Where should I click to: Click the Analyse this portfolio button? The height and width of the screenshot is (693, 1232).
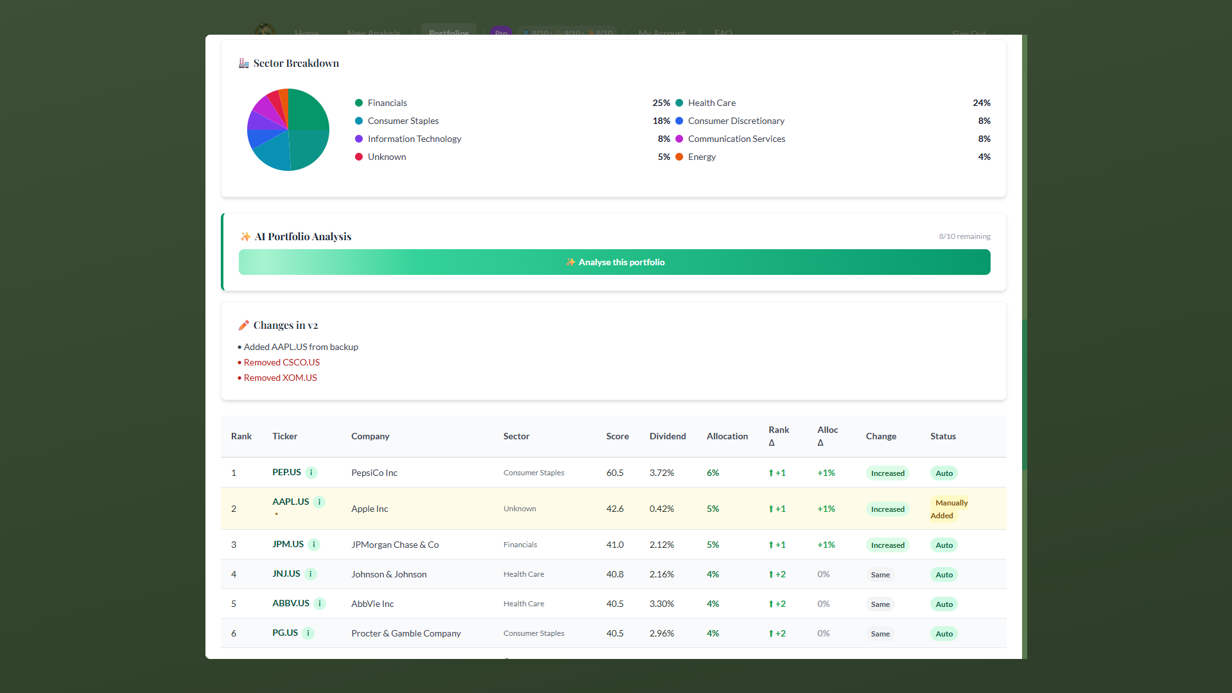[614, 262]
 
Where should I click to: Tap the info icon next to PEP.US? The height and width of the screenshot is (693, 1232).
[311, 473]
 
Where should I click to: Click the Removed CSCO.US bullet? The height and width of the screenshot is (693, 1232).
[281, 362]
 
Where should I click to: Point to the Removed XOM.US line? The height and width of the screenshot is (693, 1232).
[280, 378]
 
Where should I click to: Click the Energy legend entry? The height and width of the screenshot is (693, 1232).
[702, 157]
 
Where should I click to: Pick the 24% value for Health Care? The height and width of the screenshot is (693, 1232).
[981, 103]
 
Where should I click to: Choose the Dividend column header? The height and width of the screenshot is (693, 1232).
[667, 436]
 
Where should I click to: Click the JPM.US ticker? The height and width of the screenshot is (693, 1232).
[288, 544]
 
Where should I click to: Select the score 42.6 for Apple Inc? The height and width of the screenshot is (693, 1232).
[614, 509]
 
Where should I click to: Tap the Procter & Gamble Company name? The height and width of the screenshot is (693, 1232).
[406, 633]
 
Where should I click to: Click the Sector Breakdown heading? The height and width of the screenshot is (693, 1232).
[296, 63]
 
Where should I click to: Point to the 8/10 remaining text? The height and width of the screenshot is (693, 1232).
[964, 236]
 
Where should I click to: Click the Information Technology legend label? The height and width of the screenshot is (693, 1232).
[414, 139]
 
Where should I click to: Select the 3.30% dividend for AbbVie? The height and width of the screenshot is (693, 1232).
[661, 604]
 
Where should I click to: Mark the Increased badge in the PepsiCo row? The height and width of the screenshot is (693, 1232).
[887, 473]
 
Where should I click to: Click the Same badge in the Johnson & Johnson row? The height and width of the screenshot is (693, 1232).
[880, 575]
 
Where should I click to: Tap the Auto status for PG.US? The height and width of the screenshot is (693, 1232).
[944, 634]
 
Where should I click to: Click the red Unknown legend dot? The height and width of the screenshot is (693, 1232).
[359, 157]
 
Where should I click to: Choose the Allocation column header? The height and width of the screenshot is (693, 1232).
[727, 436]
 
